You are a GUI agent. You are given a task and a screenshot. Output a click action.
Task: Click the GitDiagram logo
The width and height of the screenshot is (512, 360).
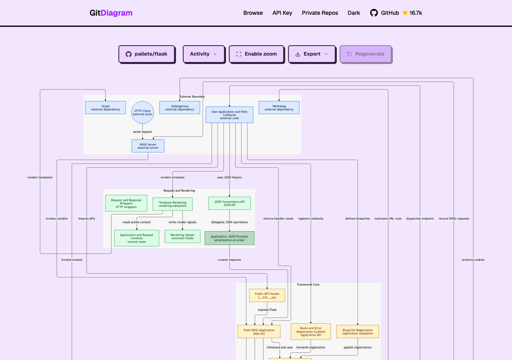(x=111, y=13)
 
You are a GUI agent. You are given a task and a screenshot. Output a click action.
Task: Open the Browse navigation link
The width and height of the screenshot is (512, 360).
(x=253, y=13)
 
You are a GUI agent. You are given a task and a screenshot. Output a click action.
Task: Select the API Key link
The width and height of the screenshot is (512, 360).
(x=282, y=13)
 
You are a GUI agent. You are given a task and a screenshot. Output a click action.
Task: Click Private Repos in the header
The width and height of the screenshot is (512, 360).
(x=320, y=13)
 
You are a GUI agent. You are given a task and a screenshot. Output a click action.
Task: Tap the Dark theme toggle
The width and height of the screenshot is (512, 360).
(x=354, y=13)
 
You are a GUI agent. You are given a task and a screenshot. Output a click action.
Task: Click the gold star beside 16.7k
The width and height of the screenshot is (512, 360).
(x=405, y=13)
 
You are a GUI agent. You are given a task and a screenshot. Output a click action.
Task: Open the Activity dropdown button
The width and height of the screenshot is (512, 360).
(x=204, y=54)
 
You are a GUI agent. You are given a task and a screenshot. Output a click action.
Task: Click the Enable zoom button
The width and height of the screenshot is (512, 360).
(x=256, y=54)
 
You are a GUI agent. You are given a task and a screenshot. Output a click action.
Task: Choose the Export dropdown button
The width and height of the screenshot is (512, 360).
(x=312, y=54)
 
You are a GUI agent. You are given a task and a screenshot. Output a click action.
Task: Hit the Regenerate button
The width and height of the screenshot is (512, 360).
(x=366, y=54)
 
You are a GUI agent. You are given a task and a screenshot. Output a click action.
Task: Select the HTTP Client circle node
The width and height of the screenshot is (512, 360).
(x=142, y=112)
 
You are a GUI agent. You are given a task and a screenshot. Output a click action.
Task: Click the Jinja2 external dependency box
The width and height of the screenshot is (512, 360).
(x=105, y=108)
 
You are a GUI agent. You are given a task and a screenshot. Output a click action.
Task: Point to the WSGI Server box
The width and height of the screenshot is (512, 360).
(x=148, y=146)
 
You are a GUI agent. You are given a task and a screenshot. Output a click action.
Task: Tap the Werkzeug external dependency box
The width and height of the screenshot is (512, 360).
(x=279, y=108)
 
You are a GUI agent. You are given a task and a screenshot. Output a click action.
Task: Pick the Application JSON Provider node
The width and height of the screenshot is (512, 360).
(x=229, y=238)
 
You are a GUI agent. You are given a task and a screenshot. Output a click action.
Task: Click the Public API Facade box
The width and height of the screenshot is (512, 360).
(x=267, y=295)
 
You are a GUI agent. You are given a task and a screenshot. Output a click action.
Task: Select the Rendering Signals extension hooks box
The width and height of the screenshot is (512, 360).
(x=182, y=236)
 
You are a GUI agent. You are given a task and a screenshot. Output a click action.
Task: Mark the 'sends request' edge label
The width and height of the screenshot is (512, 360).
(x=142, y=132)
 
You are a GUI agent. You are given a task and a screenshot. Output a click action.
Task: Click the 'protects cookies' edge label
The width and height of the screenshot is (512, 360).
(x=473, y=260)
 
